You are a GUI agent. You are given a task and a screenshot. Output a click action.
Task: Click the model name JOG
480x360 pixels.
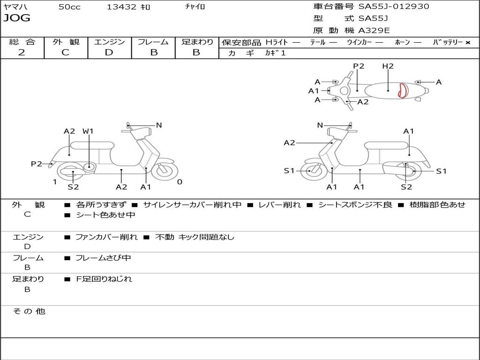point(17,18)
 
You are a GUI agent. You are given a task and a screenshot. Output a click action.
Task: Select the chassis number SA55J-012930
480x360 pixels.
point(393,6)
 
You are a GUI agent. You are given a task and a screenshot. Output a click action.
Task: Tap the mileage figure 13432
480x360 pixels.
point(121,7)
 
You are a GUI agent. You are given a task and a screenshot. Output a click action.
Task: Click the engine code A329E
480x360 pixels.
point(374,30)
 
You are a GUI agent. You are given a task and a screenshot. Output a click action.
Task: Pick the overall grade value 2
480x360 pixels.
point(22,52)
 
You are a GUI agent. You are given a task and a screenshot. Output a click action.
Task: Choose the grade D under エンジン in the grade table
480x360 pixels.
point(109,52)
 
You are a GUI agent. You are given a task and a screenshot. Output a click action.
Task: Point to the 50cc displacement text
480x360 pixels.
point(69,7)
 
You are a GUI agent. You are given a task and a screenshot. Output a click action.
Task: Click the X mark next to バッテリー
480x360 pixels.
point(468,43)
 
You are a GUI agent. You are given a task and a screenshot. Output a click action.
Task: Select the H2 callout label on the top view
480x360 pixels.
point(388,66)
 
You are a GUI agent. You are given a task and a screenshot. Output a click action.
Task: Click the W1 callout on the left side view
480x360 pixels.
point(88,131)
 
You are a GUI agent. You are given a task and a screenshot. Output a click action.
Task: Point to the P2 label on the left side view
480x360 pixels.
point(37,164)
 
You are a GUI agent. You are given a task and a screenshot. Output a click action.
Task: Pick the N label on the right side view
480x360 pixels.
point(320,125)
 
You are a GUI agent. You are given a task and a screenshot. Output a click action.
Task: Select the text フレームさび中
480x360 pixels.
point(103,258)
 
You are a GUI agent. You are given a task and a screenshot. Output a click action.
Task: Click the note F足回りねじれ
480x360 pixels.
point(104,279)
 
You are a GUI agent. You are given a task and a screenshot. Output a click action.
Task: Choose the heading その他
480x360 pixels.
point(29,311)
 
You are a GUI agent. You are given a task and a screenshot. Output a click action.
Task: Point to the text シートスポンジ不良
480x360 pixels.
point(355,204)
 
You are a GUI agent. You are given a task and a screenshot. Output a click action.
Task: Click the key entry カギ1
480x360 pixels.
point(275,52)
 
